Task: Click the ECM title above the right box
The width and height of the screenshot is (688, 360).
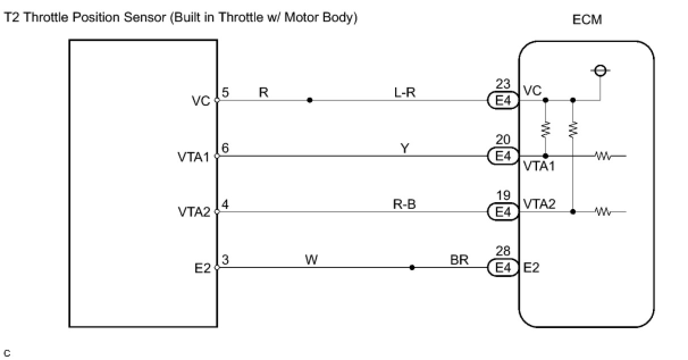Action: (588, 20)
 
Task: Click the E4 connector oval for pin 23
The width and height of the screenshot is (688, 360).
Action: (504, 101)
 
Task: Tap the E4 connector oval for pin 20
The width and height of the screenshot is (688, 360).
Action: (504, 156)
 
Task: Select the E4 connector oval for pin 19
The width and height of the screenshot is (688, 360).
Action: (504, 212)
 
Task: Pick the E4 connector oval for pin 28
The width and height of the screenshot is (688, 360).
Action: (504, 267)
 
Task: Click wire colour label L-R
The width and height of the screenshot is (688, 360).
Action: (405, 92)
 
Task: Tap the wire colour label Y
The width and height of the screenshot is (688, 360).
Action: (405, 148)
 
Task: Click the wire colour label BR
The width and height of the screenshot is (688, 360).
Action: (459, 260)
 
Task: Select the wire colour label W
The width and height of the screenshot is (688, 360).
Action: (311, 260)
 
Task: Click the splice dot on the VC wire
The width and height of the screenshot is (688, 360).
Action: (309, 101)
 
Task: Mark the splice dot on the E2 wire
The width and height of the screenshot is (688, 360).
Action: (412, 267)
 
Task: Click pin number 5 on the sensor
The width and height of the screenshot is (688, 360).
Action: (225, 93)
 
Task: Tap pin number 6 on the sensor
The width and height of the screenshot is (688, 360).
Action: (225, 148)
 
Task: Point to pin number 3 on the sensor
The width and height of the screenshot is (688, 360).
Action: (225, 260)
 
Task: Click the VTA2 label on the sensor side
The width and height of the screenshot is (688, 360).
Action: (194, 212)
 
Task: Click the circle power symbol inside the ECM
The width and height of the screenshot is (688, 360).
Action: (601, 71)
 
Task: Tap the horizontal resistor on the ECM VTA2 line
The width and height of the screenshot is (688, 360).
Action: (603, 212)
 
